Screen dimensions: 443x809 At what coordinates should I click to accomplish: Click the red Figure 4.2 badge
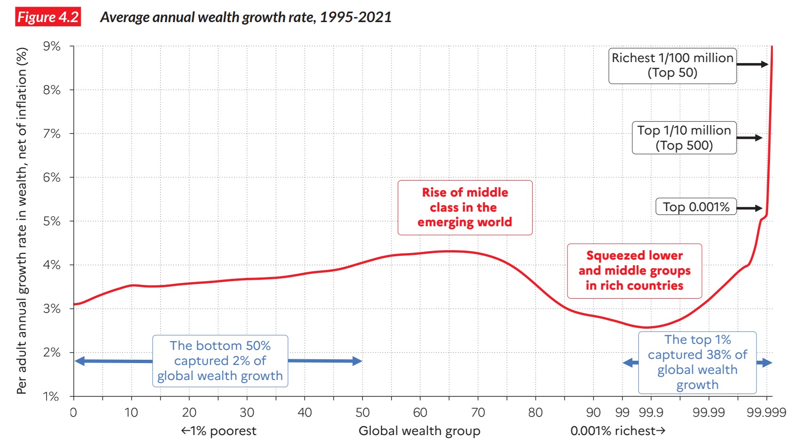coord(48,17)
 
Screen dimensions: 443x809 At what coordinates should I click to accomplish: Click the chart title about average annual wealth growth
coord(245,17)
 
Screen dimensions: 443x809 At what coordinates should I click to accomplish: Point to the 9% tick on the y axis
coord(52,46)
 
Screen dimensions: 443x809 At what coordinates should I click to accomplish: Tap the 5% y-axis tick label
coord(52,221)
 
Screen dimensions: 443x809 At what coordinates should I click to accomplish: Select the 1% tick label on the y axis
coord(52,396)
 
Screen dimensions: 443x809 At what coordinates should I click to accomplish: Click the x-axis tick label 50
coord(362,412)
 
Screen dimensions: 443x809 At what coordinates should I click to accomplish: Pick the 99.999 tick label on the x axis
coord(766,412)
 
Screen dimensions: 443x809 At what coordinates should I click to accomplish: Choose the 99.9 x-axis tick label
coord(651,412)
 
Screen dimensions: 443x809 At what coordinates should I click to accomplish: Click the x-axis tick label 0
coord(73,412)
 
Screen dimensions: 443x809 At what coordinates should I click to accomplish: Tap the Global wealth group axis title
coord(419,431)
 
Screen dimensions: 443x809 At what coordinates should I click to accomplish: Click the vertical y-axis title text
coord(22,221)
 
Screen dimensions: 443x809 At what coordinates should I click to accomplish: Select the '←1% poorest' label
coord(219,431)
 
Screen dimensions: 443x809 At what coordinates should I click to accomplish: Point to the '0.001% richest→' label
coord(618,431)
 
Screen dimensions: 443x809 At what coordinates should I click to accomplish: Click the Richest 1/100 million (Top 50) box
coord(672,65)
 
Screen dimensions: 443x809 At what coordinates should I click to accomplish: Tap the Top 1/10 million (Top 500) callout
coord(684,138)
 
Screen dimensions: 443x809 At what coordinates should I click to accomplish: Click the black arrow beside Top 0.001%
coord(749,208)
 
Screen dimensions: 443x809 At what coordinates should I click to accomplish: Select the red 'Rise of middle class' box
coord(465,207)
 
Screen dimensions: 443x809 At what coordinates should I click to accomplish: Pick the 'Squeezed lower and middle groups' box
coord(634,271)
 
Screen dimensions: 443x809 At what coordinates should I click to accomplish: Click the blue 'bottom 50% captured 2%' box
coord(220,361)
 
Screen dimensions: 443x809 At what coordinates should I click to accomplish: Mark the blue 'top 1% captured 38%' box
coord(697,362)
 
